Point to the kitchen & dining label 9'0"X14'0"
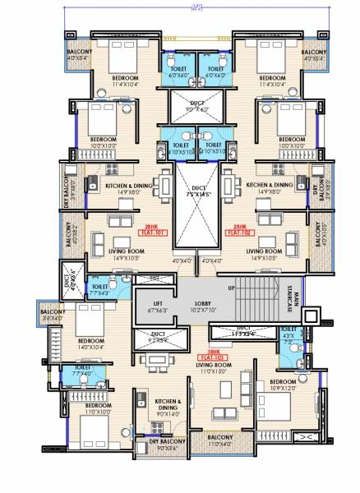(x=173, y=408)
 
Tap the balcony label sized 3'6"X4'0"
(x=30, y=316)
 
